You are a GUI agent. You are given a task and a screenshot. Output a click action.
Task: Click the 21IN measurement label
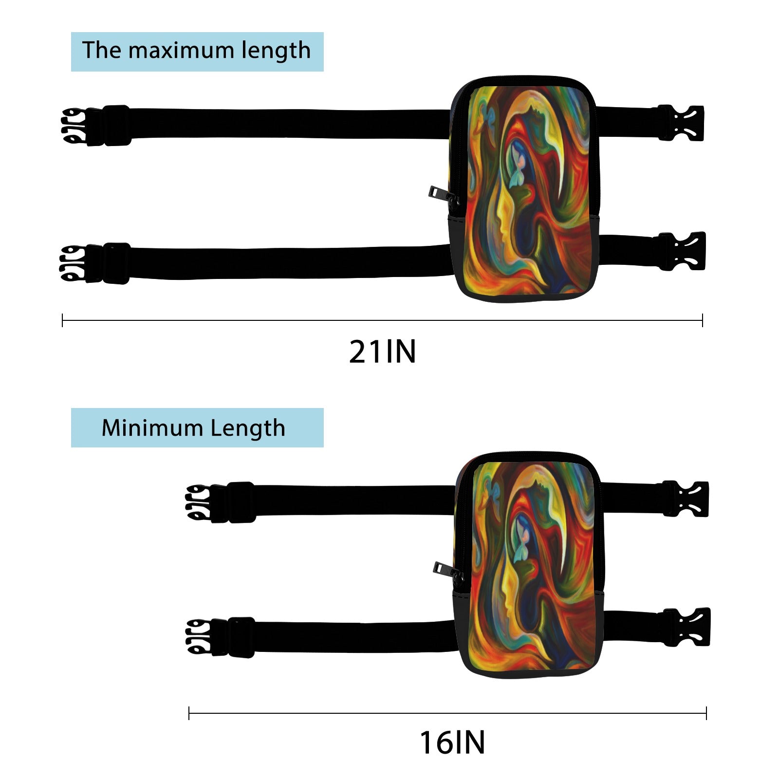tap(383, 352)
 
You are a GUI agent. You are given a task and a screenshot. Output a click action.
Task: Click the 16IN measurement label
tap(452, 743)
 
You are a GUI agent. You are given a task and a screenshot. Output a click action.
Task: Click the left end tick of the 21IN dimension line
tap(63, 320)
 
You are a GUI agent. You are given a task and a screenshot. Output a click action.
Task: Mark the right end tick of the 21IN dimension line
tap(702, 320)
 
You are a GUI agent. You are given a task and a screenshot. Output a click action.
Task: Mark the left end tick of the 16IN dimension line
tap(189, 714)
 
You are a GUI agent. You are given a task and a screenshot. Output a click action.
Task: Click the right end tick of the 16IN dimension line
tap(706, 714)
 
